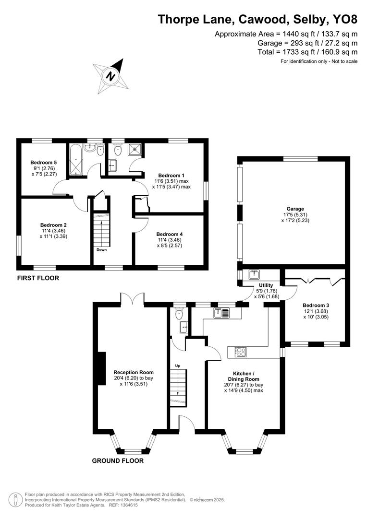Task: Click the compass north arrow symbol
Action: [111, 76]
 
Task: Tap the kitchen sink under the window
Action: [222, 313]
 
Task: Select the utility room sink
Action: [254, 275]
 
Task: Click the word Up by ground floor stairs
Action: [177, 365]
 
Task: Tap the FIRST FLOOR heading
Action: [38, 278]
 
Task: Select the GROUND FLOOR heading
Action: [118, 461]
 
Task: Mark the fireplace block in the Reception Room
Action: [101, 368]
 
